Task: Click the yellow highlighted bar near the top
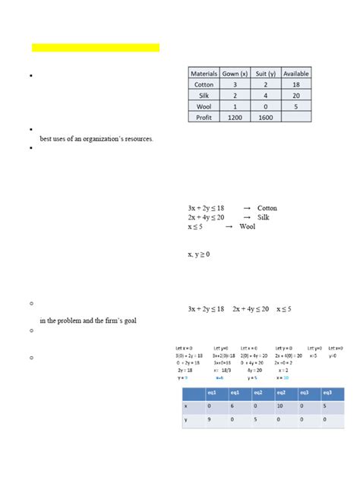(96, 48)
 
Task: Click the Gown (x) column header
(235, 74)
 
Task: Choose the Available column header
(295, 74)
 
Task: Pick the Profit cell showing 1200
(235, 118)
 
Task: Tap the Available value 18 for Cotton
(295, 85)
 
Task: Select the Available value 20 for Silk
(295, 96)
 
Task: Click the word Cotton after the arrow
(267, 208)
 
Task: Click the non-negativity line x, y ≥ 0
(199, 254)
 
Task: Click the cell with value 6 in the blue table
(236, 407)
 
